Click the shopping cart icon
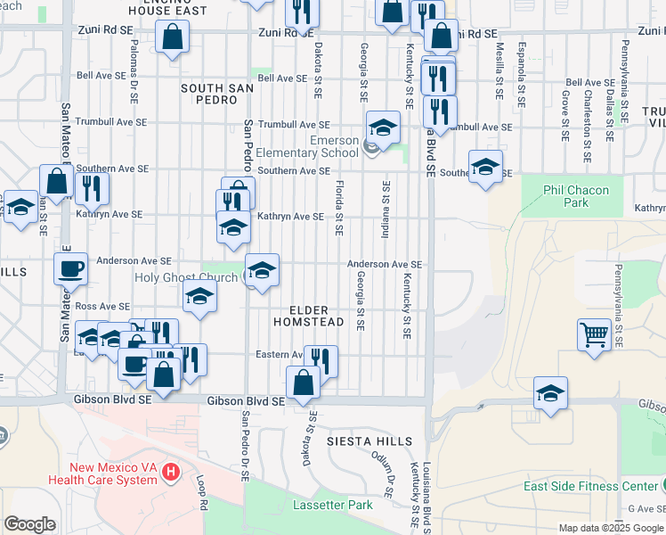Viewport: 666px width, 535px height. [594, 335]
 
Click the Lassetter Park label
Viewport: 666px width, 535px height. [334, 505]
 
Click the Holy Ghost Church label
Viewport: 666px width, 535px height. [186, 277]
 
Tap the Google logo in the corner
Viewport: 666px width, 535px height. [29, 524]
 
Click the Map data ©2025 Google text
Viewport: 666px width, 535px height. [610, 528]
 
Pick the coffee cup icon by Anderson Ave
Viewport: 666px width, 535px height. [70, 267]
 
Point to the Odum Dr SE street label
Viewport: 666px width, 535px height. [388, 473]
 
